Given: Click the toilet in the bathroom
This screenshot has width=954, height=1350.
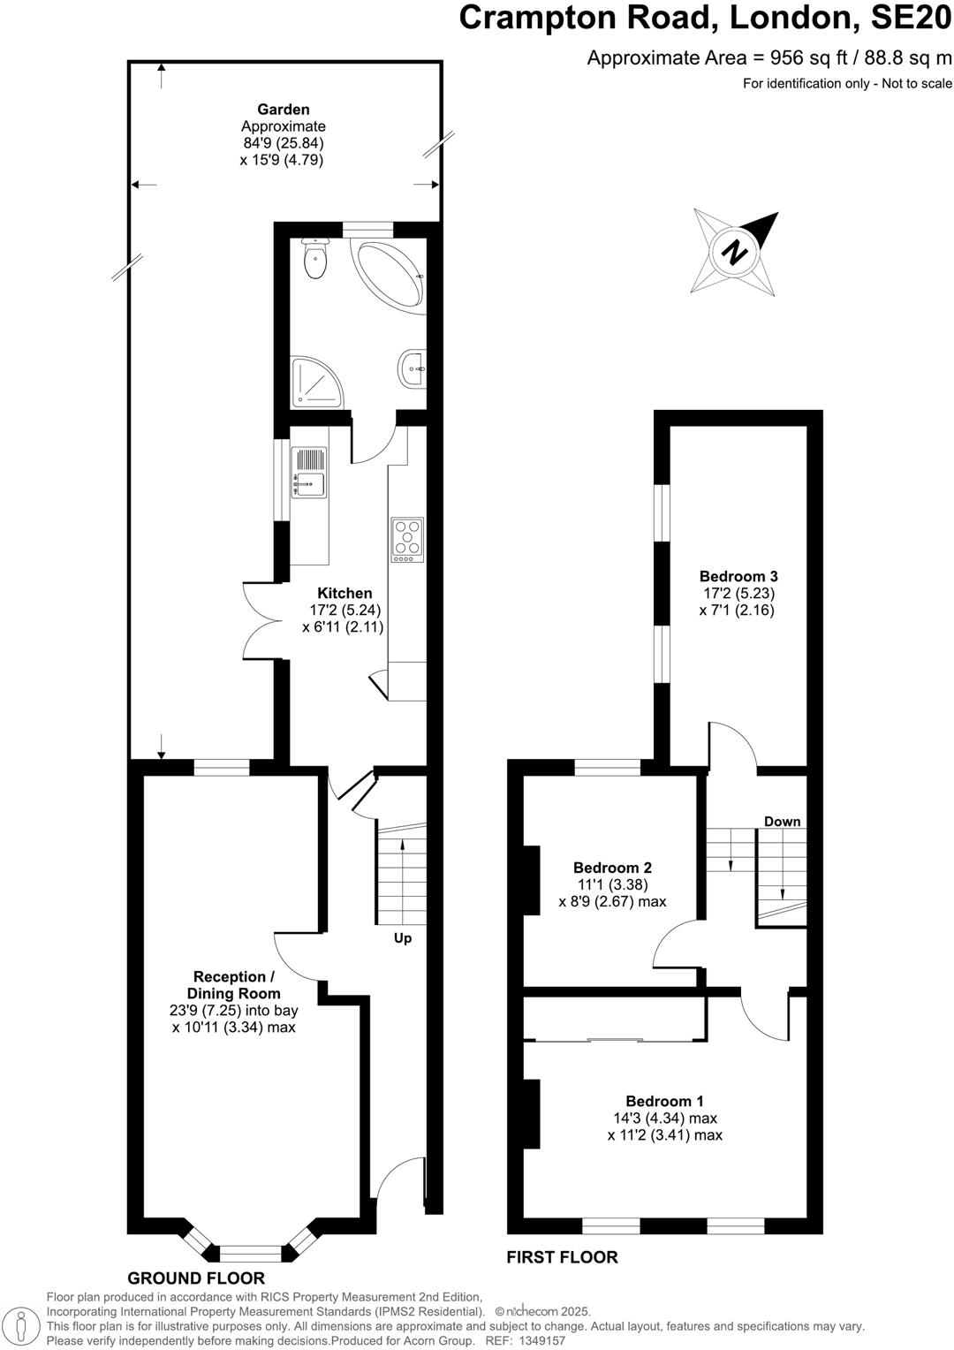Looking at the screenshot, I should click(x=314, y=257).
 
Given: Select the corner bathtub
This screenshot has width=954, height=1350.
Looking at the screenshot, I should click(x=390, y=273).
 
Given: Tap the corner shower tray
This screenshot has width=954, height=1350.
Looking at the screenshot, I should click(x=314, y=382).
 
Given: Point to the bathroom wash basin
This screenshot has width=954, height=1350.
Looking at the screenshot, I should click(x=413, y=368).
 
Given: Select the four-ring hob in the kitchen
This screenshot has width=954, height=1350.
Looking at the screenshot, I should click(x=407, y=539).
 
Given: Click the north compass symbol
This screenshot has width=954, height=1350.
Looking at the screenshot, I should click(x=736, y=252).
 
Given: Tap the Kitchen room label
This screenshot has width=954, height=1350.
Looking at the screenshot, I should click(x=344, y=593).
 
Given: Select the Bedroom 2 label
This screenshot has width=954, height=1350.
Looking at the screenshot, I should click(x=612, y=868).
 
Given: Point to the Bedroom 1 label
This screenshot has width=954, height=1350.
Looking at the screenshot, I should click(x=664, y=1101).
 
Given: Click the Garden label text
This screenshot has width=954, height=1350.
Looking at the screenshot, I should click(x=284, y=110).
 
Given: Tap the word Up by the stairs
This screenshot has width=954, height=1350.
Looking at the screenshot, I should click(x=402, y=938).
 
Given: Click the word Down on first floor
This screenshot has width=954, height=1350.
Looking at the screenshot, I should click(x=782, y=822).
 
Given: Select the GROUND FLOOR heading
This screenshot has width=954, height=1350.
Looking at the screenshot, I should click(x=196, y=1278).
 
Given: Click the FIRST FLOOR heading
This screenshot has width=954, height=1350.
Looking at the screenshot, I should click(x=562, y=1256).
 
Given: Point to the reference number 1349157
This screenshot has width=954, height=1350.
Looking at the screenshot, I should click(x=537, y=1340).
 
